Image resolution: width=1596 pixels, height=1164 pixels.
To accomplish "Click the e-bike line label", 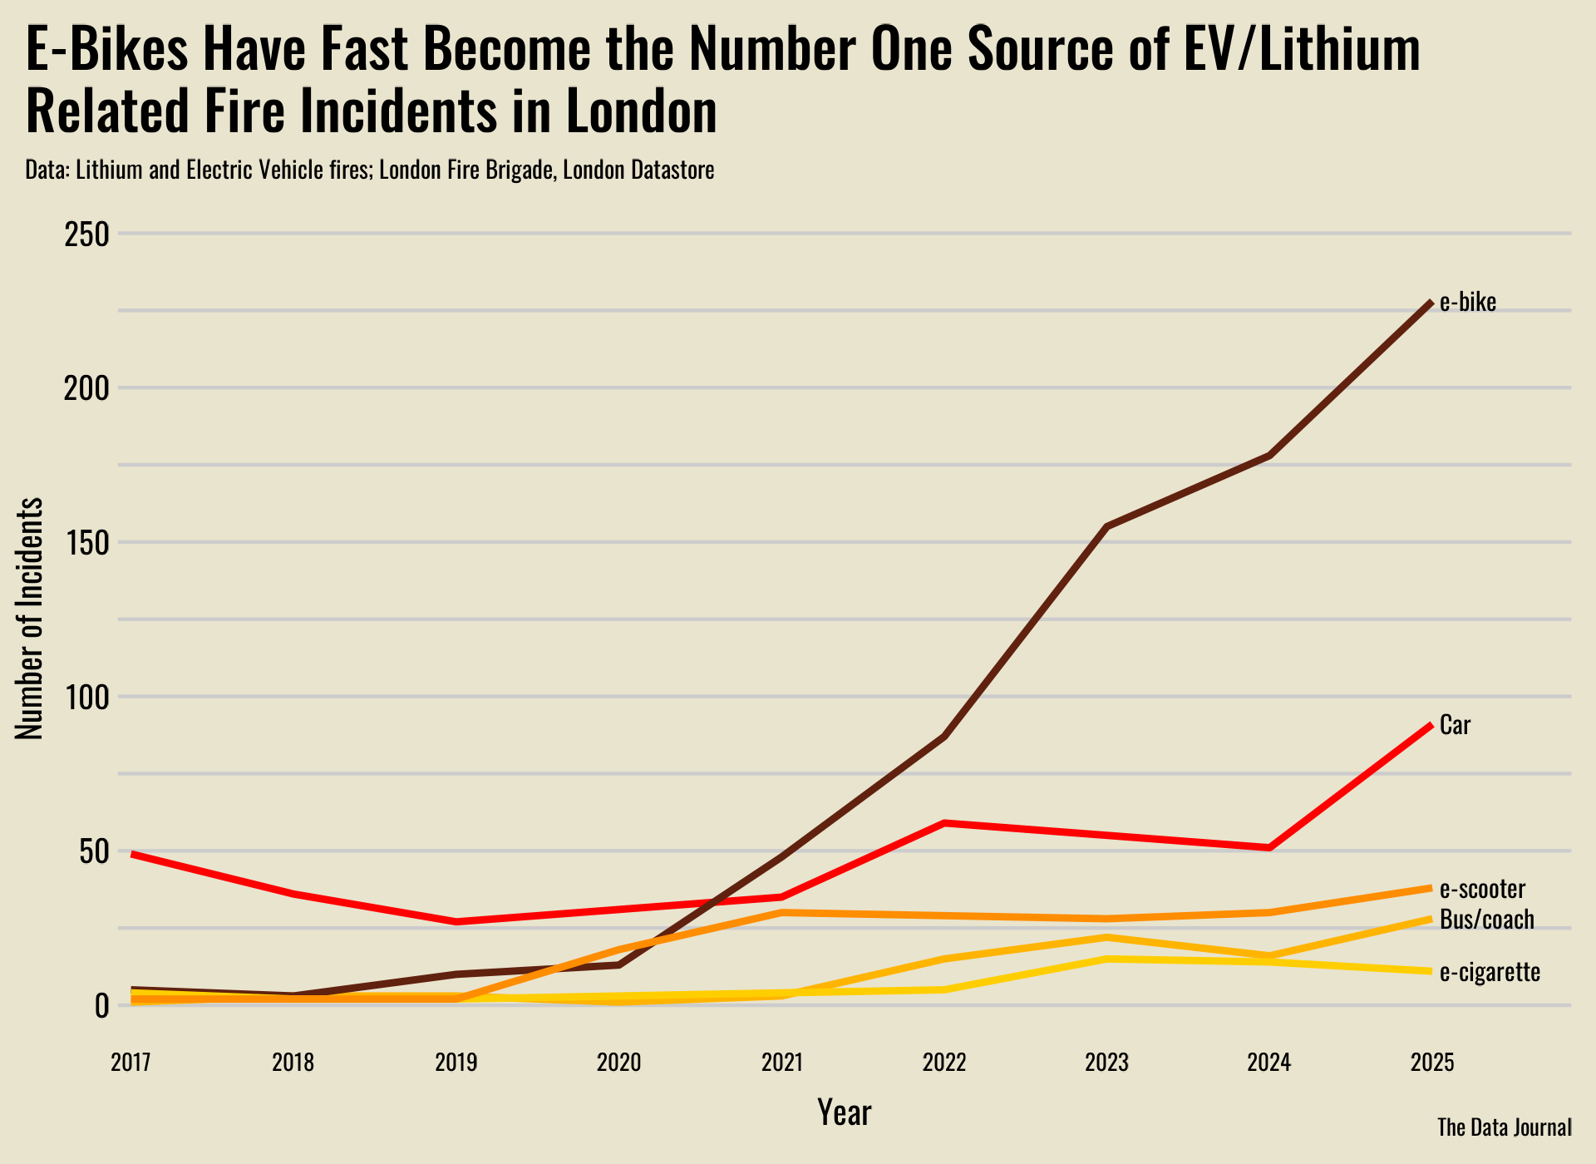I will (x=1467, y=303).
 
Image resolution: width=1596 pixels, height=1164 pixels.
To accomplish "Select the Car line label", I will (x=1455, y=725).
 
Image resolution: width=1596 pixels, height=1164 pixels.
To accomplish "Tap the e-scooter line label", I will (x=1482, y=889).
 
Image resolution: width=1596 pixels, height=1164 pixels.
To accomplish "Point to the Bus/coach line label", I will (x=1486, y=920).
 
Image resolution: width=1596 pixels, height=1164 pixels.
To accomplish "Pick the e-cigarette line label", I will (x=1490, y=972).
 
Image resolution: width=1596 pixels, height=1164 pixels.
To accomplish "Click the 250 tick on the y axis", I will (x=86, y=234).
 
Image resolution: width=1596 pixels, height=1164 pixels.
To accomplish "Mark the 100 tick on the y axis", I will (x=86, y=697).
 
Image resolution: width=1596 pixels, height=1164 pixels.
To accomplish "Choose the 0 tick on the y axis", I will (x=101, y=1006).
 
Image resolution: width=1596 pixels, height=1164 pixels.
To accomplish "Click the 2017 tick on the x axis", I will (x=131, y=1063).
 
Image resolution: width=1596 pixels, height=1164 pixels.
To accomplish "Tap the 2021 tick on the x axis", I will (x=781, y=1063).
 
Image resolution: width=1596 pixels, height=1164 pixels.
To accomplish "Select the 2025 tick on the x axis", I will (x=1432, y=1063).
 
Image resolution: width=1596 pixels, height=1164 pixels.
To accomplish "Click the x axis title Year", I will (x=844, y=1112).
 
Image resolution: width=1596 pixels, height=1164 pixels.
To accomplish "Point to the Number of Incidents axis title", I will (x=30, y=619).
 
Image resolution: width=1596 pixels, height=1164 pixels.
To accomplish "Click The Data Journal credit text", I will (x=1504, y=1127).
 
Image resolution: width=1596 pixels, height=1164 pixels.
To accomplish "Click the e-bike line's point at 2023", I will (x=1107, y=526).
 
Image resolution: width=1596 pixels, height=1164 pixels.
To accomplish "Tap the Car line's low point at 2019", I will (x=456, y=921).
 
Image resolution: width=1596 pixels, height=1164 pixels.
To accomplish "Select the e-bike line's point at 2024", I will (x=1269, y=456).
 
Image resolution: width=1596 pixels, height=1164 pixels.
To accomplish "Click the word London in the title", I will (x=641, y=111).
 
